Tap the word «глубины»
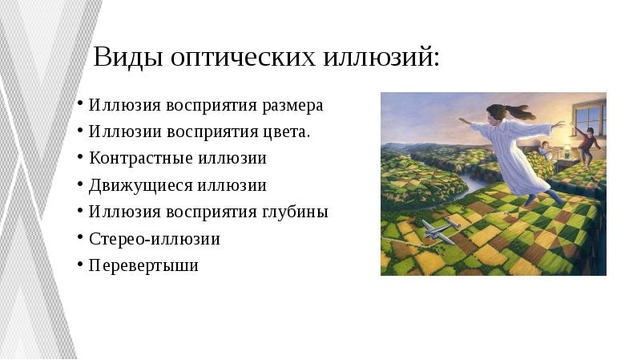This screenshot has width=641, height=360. (296, 212)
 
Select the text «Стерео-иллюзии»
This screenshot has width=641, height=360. (155, 238)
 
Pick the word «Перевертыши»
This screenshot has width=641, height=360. (143, 265)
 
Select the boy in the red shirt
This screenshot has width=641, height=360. (586, 144)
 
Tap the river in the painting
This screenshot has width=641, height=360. (473, 185)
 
